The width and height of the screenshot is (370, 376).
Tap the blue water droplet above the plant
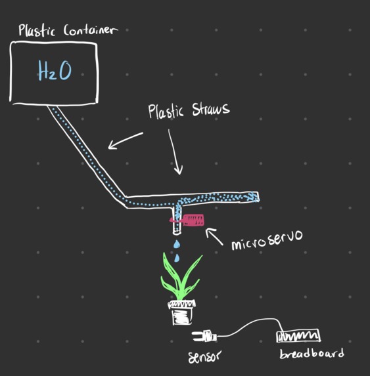coord(175,245)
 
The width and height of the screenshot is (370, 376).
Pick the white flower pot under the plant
coord(181,312)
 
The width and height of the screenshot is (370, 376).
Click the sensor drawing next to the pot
coord(204,337)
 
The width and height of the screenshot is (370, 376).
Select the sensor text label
coord(204,356)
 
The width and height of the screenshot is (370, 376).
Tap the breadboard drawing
coord(298,336)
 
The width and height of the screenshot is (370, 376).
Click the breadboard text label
coord(311,353)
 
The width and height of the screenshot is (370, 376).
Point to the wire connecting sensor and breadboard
coord(250,323)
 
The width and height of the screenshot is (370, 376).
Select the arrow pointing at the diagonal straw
coord(126,140)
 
